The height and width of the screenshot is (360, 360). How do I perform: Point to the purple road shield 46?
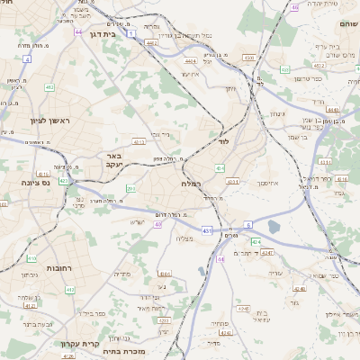pyautogui.click(x=294, y=6)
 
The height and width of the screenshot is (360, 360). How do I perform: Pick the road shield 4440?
pyautogui.click(x=334, y=109)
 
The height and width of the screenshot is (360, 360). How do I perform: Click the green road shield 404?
pyautogui.click(x=220, y=167)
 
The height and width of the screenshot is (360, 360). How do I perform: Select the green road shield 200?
pyautogui.click(x=131, y=188)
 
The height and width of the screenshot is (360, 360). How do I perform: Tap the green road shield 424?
pyautogui.click(x=256, y=242)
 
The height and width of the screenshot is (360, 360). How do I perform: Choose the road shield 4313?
pyautogui.click(x=139, y=142)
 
